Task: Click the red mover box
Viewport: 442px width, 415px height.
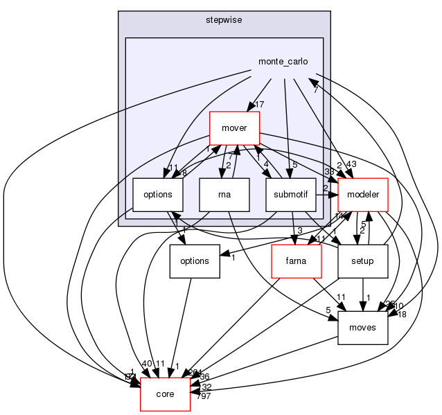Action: click(234, 128)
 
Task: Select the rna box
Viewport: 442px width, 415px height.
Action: click(224, 195)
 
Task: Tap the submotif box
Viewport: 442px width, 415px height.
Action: click(290, 195)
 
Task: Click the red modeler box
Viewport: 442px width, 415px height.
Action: click(361, 195)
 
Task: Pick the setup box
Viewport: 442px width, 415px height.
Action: click(362, 261)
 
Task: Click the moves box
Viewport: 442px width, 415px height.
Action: click(362, 327)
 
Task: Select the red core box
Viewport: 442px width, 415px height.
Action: click(165, 394)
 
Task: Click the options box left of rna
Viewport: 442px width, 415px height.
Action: click(157, 195)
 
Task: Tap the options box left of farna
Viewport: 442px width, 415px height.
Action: click(195, 261)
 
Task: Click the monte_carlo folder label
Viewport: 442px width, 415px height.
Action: click(283, 61)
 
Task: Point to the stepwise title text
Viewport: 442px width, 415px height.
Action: click(224, 20)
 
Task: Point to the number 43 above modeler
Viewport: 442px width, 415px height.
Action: click(351, 164)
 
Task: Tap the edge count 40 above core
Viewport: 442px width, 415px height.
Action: click(148, 363)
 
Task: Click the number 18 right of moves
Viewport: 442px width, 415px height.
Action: click(400, 314)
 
